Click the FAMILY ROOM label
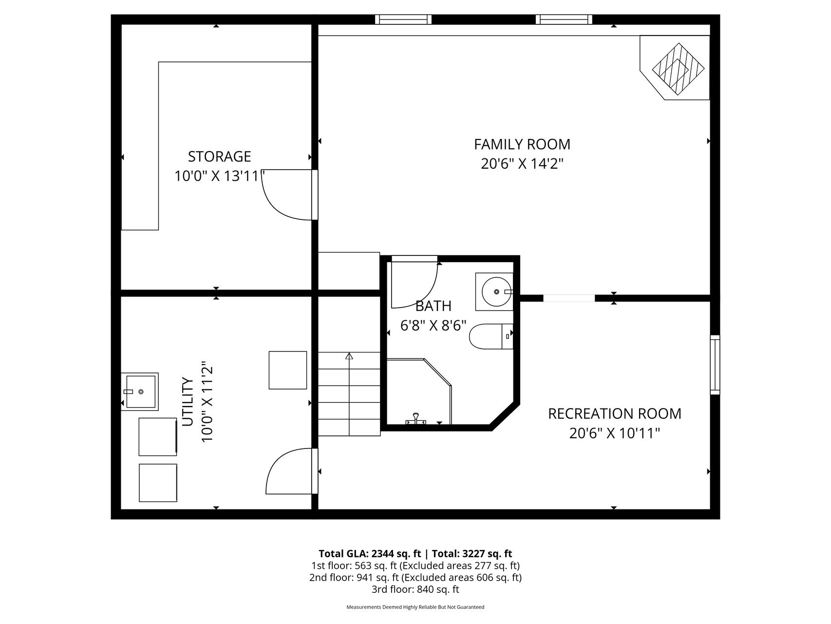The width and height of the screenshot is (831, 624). point(522,144)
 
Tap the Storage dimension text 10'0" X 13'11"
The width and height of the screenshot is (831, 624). point(219,176)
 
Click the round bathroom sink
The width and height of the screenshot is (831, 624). point(496,292)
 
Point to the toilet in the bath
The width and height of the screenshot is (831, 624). point(490,336)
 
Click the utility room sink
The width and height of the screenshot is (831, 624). point(140,391)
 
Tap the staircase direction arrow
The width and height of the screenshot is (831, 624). point(349,356)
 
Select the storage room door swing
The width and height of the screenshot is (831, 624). point(287,195)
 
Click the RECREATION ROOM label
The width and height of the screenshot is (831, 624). point(614,414)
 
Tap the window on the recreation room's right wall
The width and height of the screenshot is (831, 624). point(715,365)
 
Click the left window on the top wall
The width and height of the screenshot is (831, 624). point(403,19)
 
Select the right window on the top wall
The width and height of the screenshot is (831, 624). point(564,19)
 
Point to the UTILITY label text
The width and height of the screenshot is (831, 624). point(188,402)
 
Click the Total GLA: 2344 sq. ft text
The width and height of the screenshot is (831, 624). point(369,554)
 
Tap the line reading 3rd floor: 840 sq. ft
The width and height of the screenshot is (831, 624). point(415,589)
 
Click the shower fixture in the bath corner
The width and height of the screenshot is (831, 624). point(415,420)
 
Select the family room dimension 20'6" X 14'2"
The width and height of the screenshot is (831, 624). point(522,164)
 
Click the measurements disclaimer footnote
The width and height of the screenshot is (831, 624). point(415,607)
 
